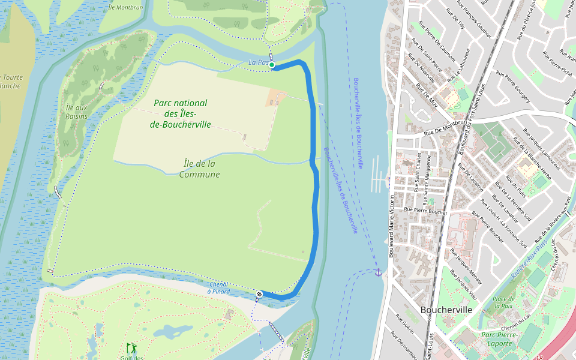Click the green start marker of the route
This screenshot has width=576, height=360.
coord(272,65)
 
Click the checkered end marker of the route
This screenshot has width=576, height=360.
coord(259,294)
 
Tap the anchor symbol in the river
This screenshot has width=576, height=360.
coord(378,272)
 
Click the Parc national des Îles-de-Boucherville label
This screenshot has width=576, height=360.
coord(180,114)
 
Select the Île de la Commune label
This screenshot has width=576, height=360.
coord(199,169)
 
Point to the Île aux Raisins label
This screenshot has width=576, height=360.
coord(76,112)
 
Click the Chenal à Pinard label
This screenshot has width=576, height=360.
coord(218,287)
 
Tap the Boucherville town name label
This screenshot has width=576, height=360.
coord(446,310)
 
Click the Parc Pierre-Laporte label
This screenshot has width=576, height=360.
coord(497,339)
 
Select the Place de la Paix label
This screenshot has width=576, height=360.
coord(503,302)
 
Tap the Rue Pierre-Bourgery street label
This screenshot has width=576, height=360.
coord(513,88)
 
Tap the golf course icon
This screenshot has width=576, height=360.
coord(131,347)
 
